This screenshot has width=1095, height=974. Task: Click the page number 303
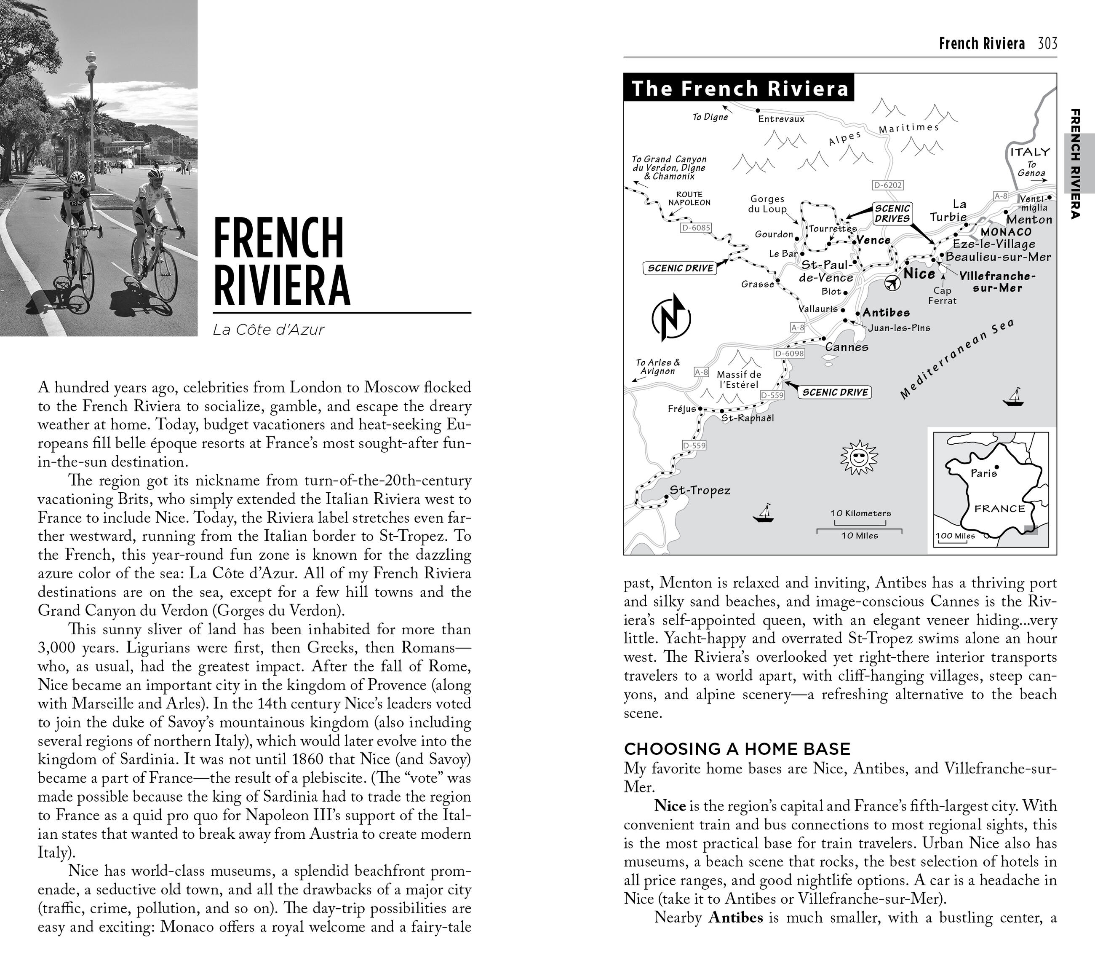click(1047, 43)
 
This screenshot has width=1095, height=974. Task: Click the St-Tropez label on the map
click(700, 491)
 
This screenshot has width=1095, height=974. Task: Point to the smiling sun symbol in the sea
click(859, 458)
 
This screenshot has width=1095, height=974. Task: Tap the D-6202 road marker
click(888, 185)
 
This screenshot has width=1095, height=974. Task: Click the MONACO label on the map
click(1006, 232)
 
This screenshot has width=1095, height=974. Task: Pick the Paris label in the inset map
click(983, 474)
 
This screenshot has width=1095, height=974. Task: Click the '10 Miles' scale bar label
click(859, 536)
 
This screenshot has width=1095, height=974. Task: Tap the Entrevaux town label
click(781, 119)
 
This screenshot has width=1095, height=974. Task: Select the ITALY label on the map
click(1030, 152)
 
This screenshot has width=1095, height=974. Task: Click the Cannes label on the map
click(847, 347)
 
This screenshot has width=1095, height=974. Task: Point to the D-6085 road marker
click(695, 228)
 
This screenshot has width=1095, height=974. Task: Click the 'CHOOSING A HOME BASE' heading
click(737, 749)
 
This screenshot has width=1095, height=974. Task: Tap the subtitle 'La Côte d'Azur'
click(268, 330)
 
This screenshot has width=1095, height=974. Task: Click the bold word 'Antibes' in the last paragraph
click(735, 918)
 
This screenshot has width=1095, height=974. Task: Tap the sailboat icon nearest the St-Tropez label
click(764, 514)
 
